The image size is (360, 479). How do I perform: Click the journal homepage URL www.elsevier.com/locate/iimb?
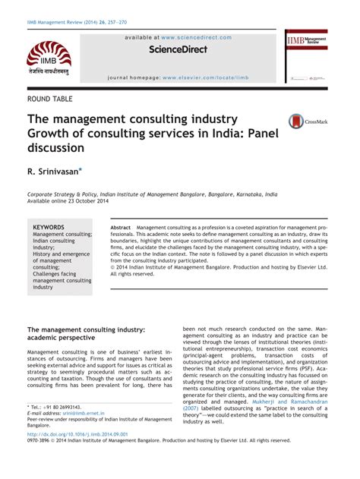215,77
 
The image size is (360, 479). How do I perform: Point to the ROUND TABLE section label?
55,99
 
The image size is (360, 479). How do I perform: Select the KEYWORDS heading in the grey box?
49,227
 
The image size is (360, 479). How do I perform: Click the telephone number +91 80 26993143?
59,407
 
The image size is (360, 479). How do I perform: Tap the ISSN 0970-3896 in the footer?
41,440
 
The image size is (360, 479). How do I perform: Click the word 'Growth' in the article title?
50,134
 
